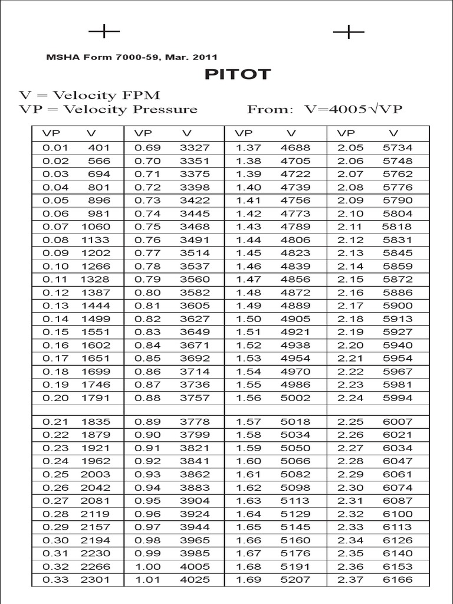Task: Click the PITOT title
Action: tap(238, 74)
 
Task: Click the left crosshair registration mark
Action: tap(104, 31)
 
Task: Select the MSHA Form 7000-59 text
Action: tap(132, 57)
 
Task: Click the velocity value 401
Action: tap(99, 148)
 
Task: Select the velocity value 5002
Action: tap(294, 398)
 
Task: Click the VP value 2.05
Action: tap(350, 148)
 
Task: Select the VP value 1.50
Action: tap(248, 319)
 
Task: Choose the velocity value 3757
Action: tap(195, 398)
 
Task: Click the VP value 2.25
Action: tap(350, 422)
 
